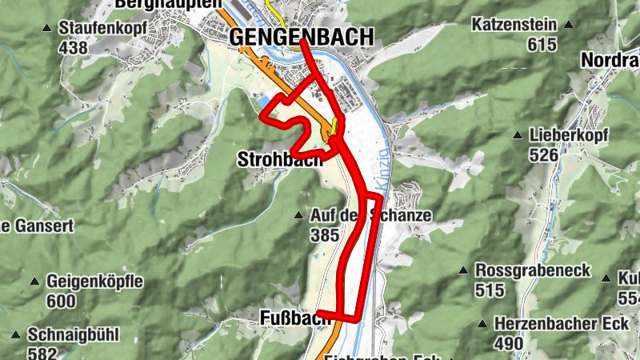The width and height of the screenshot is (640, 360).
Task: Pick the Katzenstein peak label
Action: pos(514,25)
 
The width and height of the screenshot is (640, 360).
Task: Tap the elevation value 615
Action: pos(542,44)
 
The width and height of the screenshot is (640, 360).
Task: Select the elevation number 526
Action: pos(543,154)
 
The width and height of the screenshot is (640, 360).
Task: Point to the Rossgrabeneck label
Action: pos(533,270)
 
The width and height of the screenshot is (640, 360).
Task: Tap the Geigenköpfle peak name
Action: pos(94,282)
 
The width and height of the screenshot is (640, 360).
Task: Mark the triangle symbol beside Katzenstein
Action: pos(568,24)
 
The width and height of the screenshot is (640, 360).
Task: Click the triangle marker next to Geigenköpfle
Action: pos(34,282)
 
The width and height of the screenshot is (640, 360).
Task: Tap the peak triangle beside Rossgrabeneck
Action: pos(463,270)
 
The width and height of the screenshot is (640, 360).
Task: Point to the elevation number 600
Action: pos(61,302)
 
